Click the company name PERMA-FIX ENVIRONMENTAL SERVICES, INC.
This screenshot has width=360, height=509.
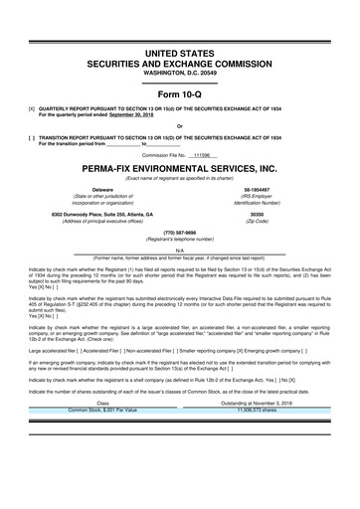tap(180, 169)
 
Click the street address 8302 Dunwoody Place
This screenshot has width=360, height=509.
tap(95, 214)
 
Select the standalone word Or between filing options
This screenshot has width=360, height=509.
tap(180, 125)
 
